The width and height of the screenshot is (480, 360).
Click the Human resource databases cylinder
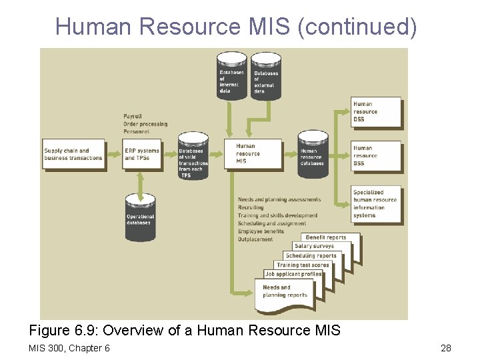312,155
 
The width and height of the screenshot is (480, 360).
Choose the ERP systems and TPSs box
142,155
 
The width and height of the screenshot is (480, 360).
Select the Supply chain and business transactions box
74,155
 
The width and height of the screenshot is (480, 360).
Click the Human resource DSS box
377,112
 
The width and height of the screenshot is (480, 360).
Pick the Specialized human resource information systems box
377,204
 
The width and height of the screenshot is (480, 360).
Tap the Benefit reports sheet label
327,237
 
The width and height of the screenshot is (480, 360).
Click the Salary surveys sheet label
314,246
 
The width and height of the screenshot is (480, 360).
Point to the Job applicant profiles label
293,274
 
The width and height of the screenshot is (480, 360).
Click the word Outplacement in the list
255,239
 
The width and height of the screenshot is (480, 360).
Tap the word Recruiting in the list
251,207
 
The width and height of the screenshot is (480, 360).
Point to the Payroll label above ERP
133,116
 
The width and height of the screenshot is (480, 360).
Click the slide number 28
446,348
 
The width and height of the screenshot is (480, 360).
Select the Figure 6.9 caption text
185,330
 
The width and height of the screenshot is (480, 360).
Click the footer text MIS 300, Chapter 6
69,348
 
